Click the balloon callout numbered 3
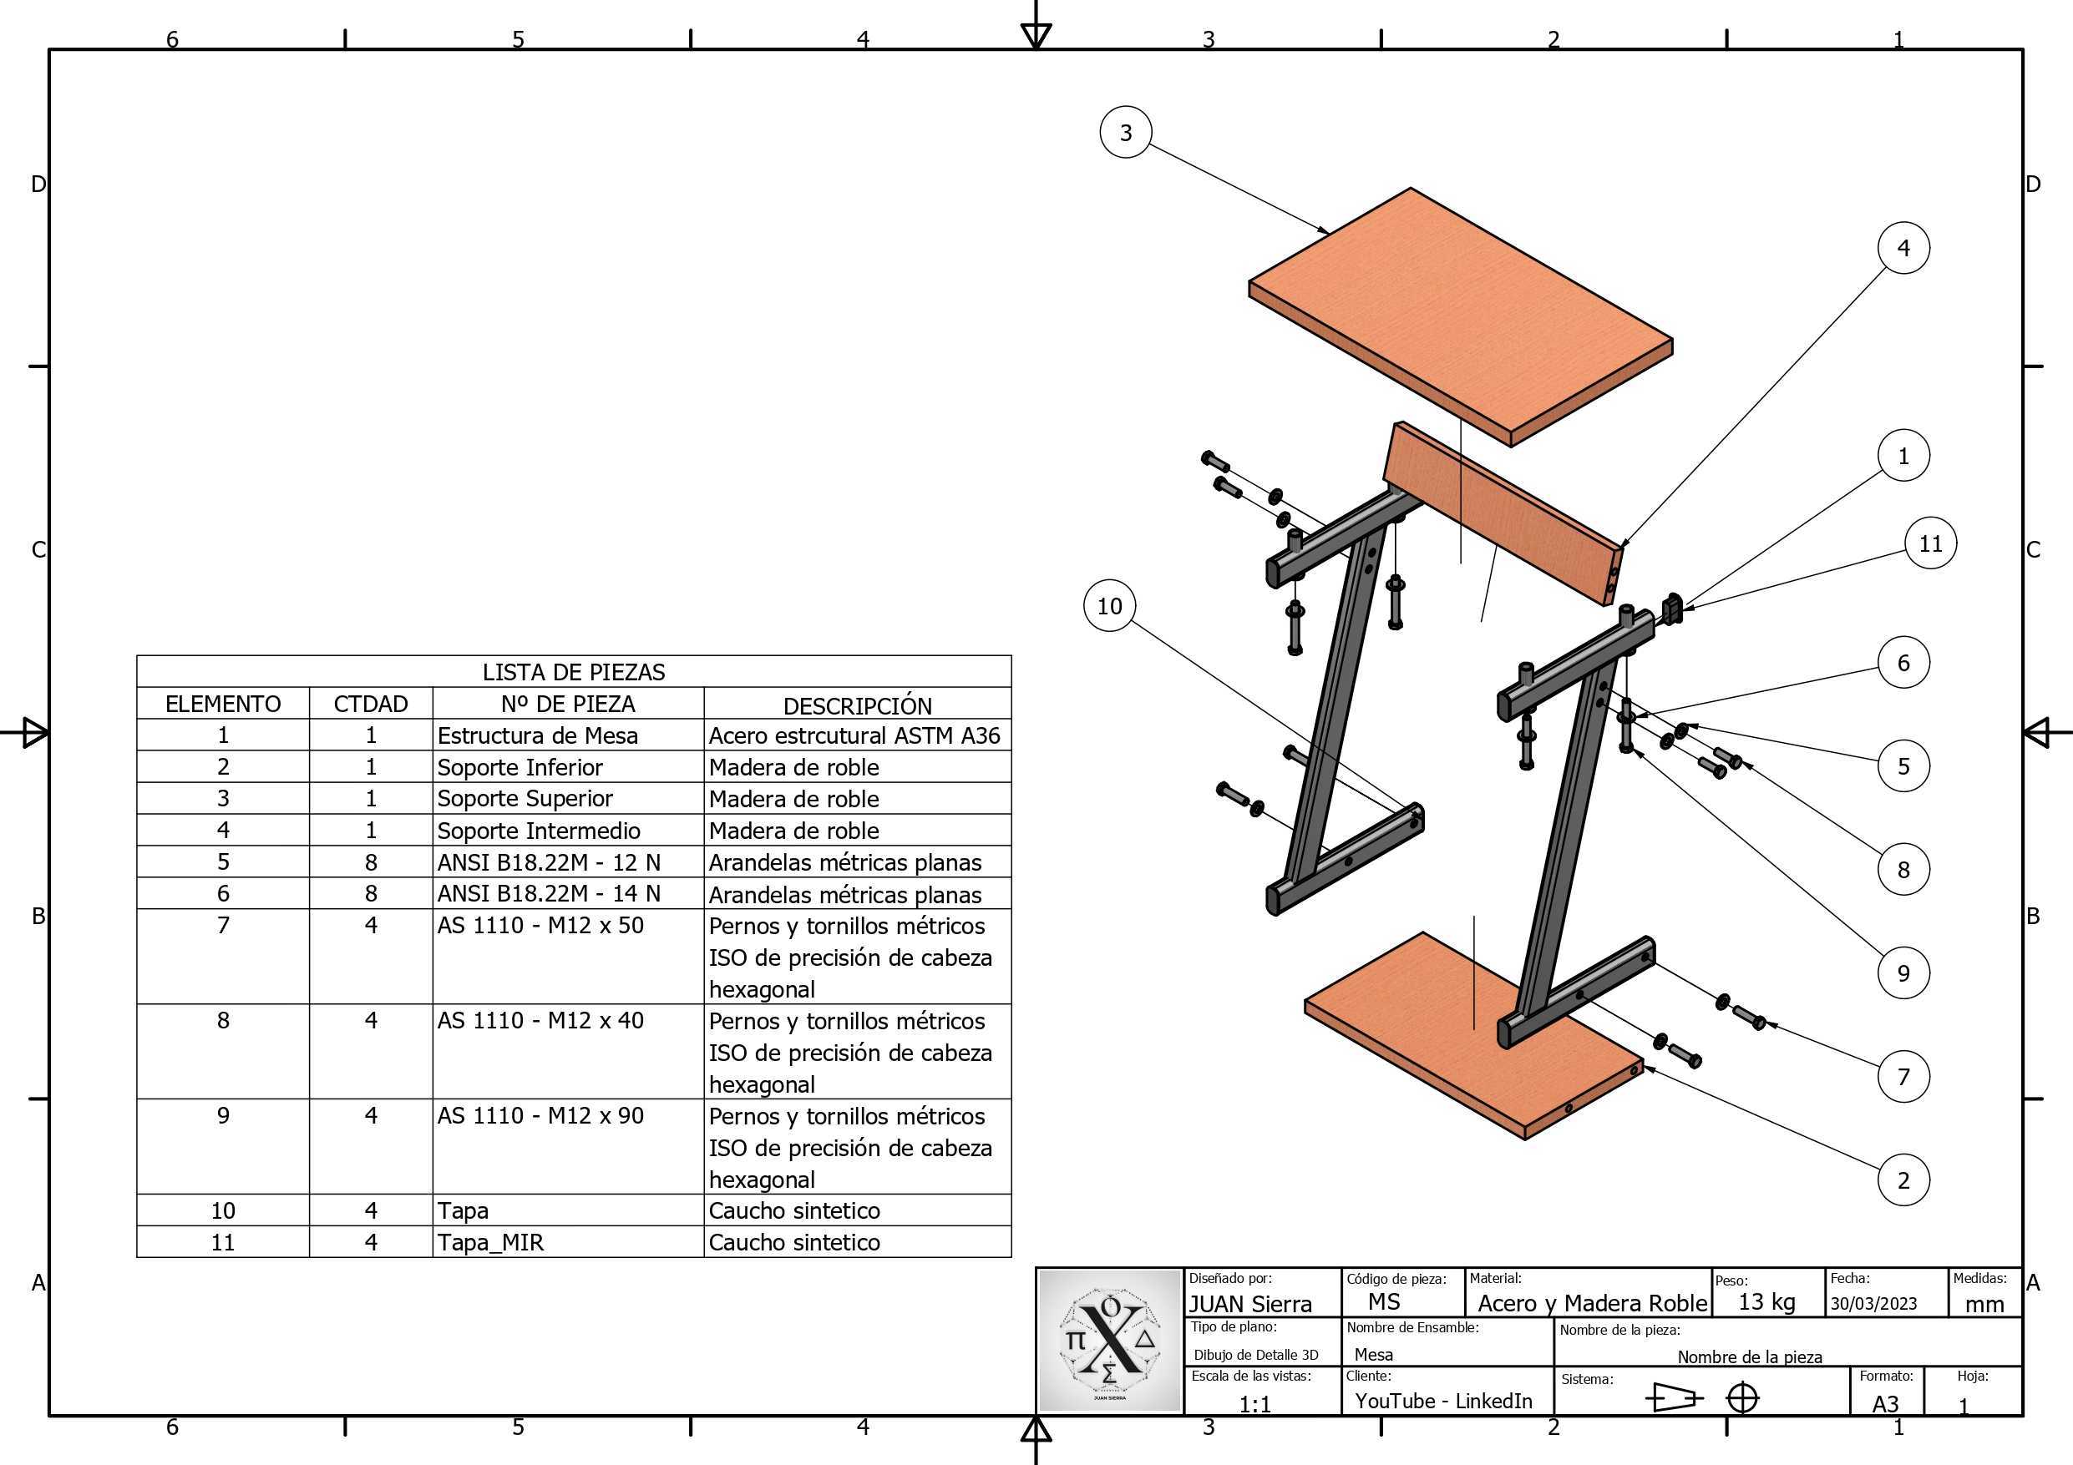(1125, 133)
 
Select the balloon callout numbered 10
(1110, 606)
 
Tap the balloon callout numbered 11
(1930, 543)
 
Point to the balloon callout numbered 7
(1903, 1076)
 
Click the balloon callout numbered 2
(1903, 1180)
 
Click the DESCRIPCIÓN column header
(857, 705)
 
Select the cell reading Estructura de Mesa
(537, 735)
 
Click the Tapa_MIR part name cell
(490, 1243)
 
